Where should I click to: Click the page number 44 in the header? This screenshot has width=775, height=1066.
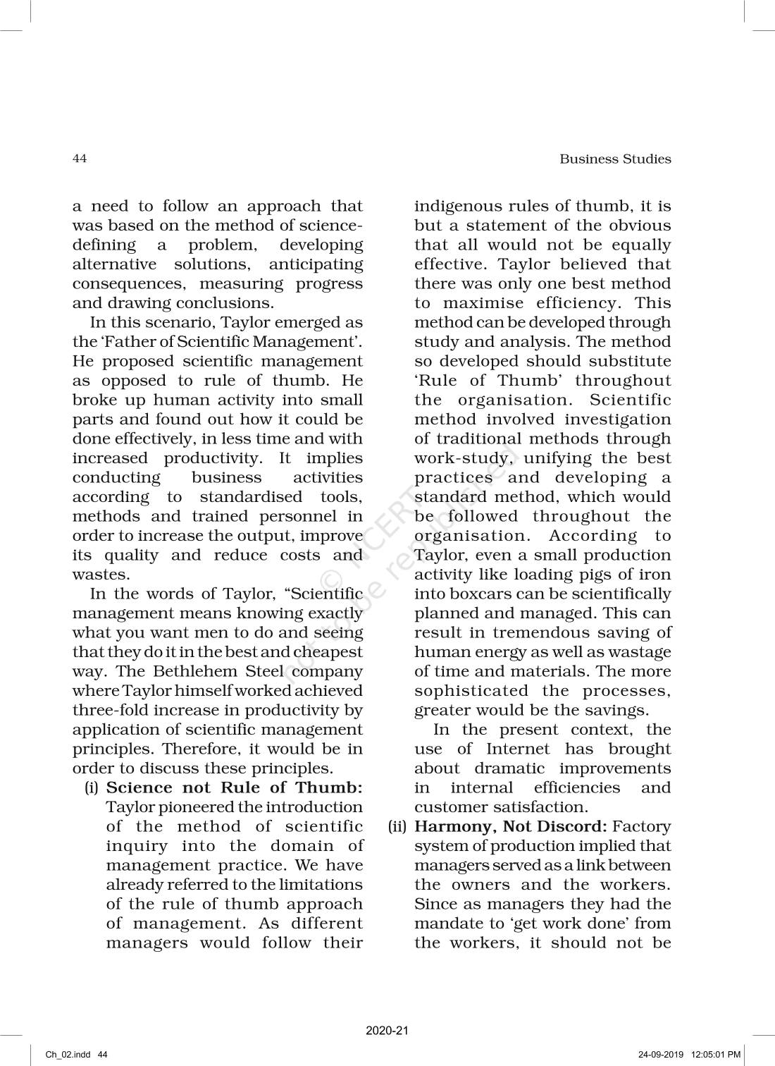80,159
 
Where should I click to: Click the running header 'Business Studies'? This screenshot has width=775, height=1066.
615,159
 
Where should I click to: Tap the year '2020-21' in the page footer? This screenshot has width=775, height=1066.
387,1031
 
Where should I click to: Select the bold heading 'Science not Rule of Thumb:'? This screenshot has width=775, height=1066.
234,788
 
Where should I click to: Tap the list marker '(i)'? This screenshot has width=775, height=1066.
92,788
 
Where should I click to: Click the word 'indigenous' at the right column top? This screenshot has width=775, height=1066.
454,207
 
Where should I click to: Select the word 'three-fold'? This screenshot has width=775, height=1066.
106,710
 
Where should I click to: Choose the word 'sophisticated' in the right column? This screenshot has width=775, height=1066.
471,691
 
